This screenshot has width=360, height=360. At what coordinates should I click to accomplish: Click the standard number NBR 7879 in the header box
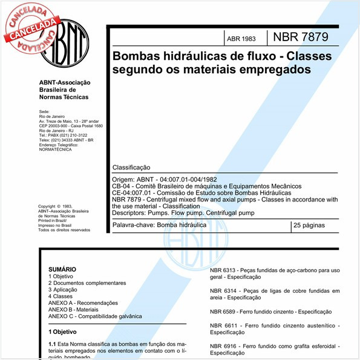point(301,38)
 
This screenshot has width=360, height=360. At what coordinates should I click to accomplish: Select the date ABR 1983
point(241,39)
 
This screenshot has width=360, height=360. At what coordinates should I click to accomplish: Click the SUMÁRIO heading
point(62,269)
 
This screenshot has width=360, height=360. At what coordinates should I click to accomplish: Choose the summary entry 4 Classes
point(60,296)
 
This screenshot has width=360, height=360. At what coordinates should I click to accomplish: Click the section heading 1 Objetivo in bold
point(62,332)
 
